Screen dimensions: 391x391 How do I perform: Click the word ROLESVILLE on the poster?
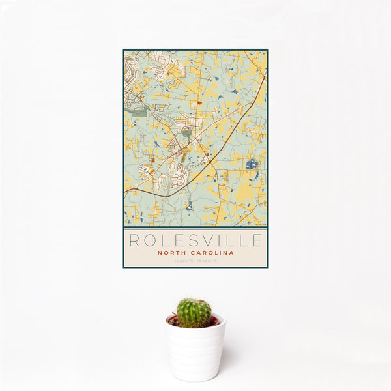195,240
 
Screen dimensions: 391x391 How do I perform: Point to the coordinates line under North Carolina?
195,261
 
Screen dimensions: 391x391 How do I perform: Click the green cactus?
194,313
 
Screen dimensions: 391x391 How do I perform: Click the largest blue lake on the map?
252,164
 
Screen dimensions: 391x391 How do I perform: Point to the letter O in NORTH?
165,253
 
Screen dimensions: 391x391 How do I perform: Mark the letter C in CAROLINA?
194,253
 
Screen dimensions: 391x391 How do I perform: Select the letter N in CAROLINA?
227,253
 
